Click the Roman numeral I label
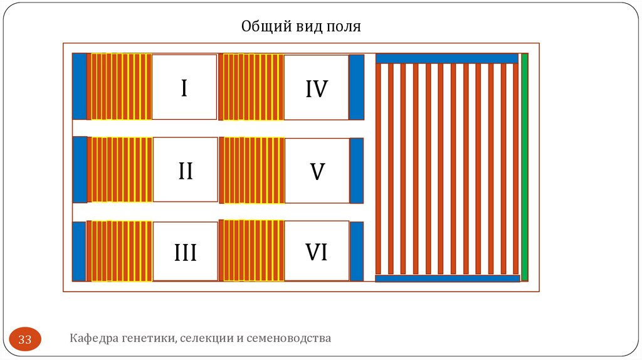point(184,88)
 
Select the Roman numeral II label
point(185,171)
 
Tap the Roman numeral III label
point(185,253)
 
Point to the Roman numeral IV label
point(317,88)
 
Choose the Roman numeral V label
point(317,171)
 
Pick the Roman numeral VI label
point(317,252)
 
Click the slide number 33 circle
point(25,340)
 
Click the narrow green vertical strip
point(525,167)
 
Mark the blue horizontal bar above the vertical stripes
point(447,58)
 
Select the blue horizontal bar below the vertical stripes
point(447,278)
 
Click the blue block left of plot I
point(79,87)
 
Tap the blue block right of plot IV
point(356,87)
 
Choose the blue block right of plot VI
point(356,251)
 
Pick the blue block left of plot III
point(79,251)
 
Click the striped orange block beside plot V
point(252,171)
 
